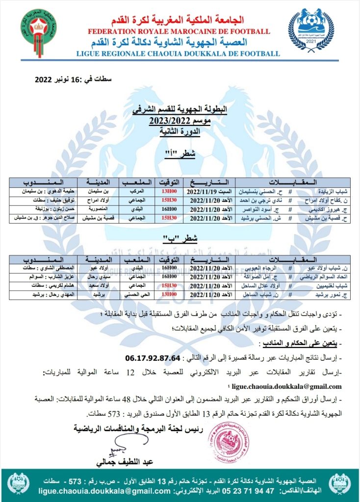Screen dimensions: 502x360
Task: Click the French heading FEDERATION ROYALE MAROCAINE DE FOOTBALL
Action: point(179,31)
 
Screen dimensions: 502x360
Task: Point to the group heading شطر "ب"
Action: point(179,238)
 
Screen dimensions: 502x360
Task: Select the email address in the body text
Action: point(284,385)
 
